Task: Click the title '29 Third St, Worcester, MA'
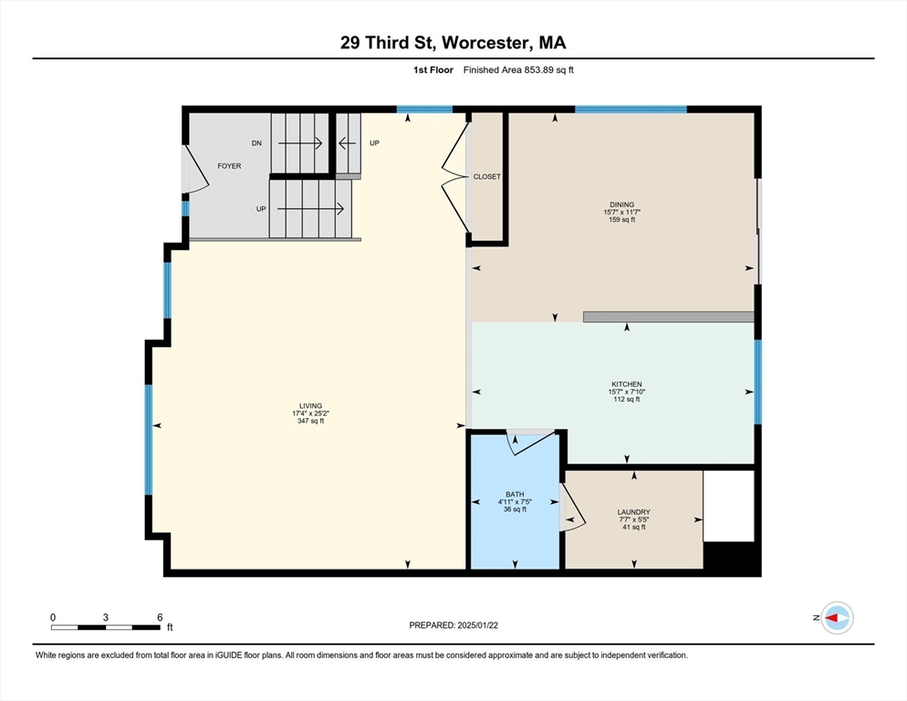[453, 43]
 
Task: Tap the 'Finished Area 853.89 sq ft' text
[518, 70]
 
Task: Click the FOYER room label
[228, 166]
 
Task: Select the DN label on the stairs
[256, 143]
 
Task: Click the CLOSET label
[486, 177]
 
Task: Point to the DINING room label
[621, 204]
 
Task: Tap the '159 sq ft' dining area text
[621, 219]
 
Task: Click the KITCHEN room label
[626, 384]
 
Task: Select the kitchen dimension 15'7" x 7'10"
[626, 392]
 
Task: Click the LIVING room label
[310, 406]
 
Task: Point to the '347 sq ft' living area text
[310, 421]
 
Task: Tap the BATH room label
[515, 495]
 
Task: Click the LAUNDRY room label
[633, 512]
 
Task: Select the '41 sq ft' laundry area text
[633, 527]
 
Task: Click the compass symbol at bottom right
[836, 618]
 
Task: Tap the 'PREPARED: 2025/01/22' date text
[454, 625]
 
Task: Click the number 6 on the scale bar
[160, 617]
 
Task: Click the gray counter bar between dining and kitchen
[668, 317]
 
